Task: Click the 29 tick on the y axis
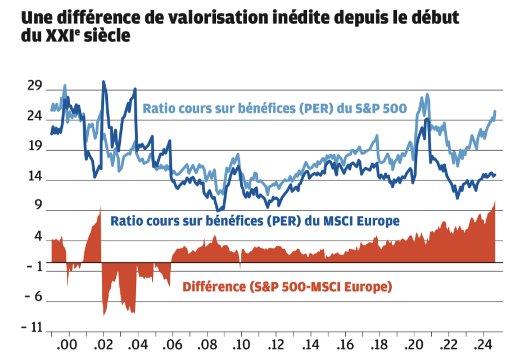click(x=35, y=86)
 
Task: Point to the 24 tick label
click(x=35, y=116)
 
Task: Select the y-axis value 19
click(x=35, y=147)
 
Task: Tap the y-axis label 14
click(x=35, y=177)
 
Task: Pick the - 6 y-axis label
click(x=33, y=296)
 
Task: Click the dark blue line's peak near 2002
click(x=103, y=82)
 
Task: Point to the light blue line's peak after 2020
click(x=428, y=94)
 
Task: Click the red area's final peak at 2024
click(x=495, y=200)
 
